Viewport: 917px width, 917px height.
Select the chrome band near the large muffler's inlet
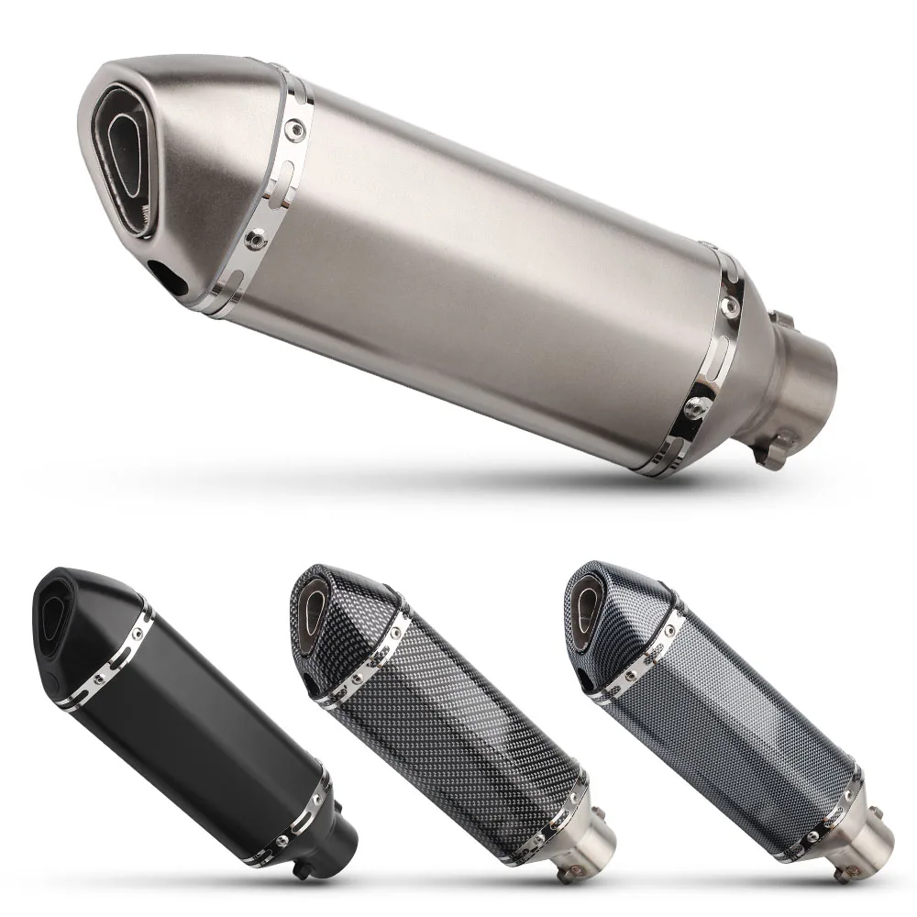point(711,367)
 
